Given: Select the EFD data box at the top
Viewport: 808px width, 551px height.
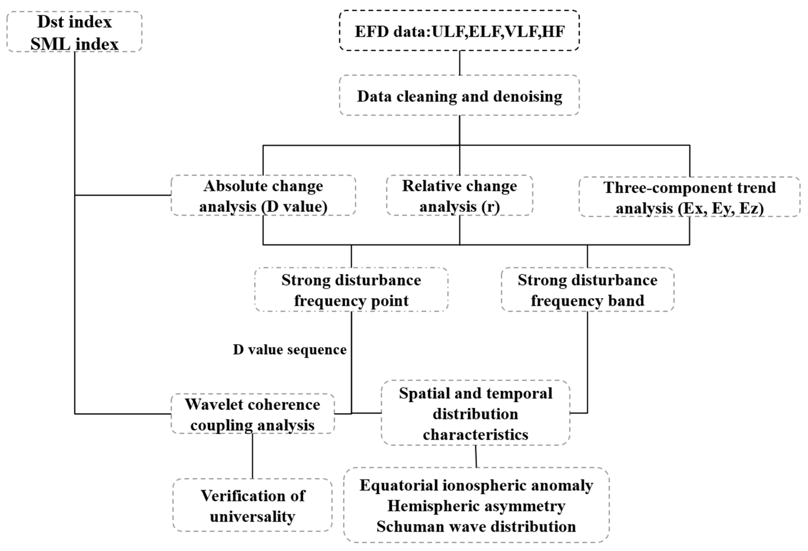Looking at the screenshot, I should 459,31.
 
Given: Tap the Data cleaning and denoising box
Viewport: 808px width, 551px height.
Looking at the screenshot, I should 459,95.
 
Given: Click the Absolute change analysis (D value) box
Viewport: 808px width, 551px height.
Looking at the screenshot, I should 263,196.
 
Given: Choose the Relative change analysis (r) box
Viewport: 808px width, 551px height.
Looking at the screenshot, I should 459,196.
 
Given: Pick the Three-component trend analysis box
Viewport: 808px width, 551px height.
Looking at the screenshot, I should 689,197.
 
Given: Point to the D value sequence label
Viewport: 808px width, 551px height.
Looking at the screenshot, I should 290,350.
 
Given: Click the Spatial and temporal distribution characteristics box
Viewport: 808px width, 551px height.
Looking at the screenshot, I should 475,413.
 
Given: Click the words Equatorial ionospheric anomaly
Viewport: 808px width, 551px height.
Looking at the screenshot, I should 476,485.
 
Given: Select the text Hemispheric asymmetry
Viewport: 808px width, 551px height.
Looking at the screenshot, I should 476,506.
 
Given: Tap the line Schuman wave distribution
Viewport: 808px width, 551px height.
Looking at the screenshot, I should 476,526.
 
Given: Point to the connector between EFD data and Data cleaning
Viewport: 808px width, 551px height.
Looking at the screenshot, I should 460,63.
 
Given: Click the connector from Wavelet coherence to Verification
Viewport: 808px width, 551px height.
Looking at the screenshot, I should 252,456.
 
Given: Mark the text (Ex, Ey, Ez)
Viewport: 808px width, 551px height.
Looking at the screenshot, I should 720,208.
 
